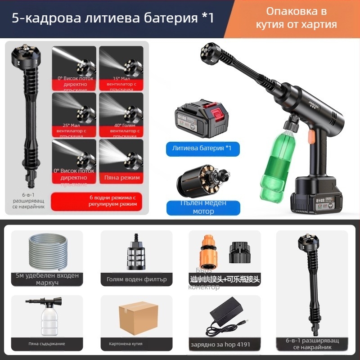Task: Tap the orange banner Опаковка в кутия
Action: pyautogui.click(x=296, y=18)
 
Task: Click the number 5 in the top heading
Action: pyautogui.click(x=15, y=18)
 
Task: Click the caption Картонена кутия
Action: pyautogui.click(x=126, y=344)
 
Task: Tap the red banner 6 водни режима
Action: pyautogui.click(x=100, y=201)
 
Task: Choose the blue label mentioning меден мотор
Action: pyautogui.click(x=203, y=207)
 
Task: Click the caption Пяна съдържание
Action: pyautogui.click(x=47, y=344)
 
